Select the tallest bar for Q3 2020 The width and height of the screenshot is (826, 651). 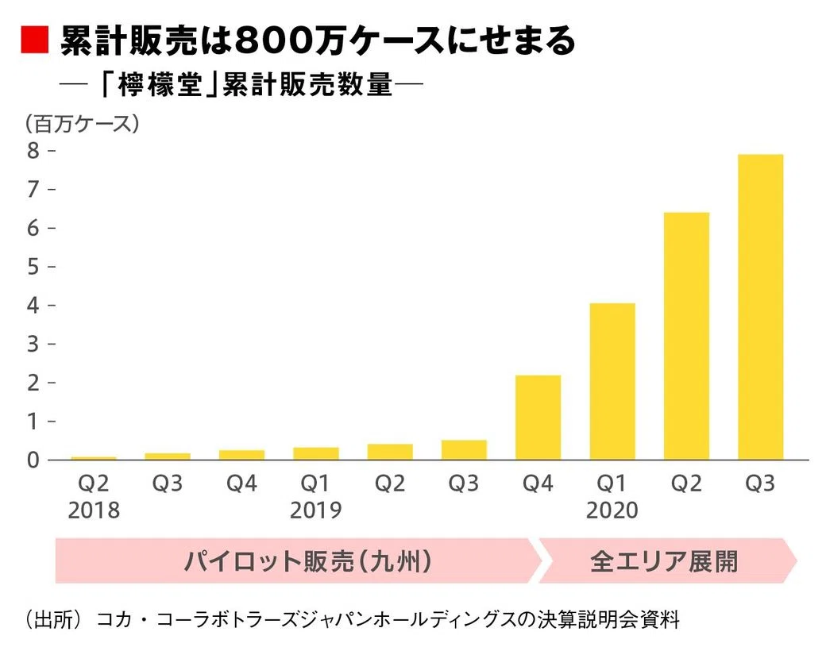[760, 307]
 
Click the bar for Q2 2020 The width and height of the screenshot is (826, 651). [686, 336]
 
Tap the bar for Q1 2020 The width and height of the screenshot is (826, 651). [612, 381]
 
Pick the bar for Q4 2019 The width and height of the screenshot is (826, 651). [538, 418]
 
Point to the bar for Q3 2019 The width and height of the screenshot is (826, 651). [464, 450]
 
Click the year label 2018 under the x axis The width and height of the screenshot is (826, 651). [94, 510]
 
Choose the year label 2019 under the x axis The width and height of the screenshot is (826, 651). [315, 510]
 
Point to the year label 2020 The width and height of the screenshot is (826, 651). [612, 510]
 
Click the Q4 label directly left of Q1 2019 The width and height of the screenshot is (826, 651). [241, 483]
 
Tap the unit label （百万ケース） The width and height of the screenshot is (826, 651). [82, 123]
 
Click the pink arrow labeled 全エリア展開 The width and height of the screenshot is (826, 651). [666, 561]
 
